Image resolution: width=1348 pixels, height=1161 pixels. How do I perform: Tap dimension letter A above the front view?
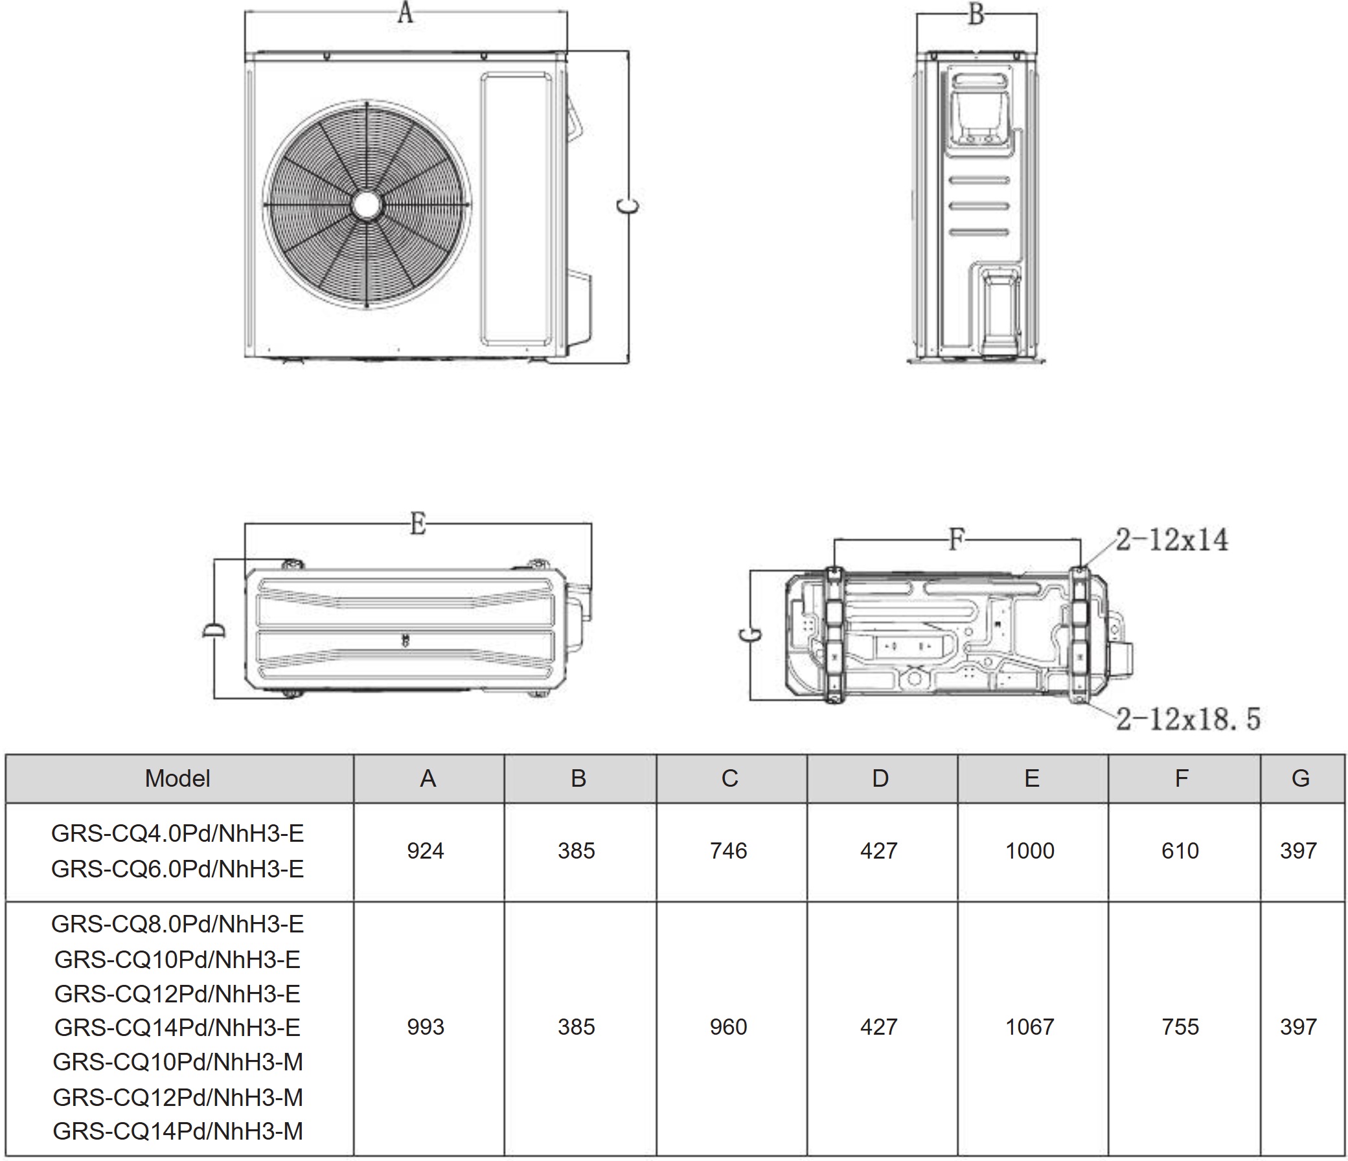[405, 12]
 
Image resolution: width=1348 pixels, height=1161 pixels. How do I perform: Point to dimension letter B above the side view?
[976, 14]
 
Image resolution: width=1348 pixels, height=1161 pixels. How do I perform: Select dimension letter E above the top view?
[418, 523]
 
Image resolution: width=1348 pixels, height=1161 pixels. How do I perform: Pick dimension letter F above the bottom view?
[955, 539]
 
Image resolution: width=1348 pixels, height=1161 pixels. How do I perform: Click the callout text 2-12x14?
[1172, 540]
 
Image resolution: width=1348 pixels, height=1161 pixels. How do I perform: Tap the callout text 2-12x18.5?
[1188, 719]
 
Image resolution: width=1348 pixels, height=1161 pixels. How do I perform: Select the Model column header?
[177, 778]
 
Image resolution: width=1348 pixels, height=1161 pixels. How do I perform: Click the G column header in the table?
[1300, 778]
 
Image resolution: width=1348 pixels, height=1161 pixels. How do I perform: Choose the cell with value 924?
[426, 851]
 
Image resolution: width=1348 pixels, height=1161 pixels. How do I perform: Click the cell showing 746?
[729, 851]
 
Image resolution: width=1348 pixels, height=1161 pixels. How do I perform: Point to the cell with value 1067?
[1030, 1027]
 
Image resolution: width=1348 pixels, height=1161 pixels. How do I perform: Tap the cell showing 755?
[1180, 1027]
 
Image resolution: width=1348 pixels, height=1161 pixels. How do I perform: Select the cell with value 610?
[1180, 851]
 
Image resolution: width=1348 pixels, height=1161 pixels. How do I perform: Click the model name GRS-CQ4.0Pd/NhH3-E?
[177, 834]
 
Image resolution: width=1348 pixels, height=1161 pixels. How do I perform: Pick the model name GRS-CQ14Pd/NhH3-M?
[177, 1131]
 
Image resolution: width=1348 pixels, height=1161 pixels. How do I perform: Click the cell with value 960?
[729, 1027]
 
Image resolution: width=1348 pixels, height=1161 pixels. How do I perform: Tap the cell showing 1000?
[1030, 851]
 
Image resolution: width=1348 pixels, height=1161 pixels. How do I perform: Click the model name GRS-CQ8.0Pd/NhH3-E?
[177, 923]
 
